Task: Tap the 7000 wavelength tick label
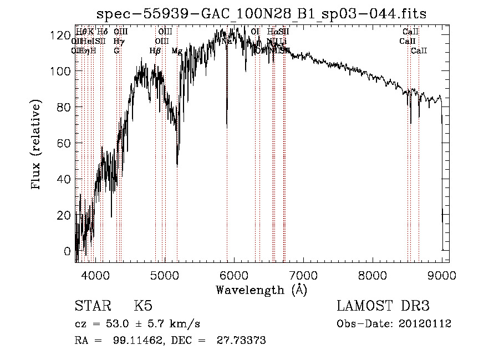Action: pyautogui.click(x=303, y=275)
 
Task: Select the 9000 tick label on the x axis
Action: pyautogui.click(x=442, y=275)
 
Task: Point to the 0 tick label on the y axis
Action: pyautogui.click(x=67, y=251)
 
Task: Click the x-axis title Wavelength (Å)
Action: pyautogui.click(x=261, y=290)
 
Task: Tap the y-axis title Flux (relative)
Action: pyautogui.click(x=37, y=145)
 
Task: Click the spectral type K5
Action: pyautogui.click(x=142, y=306)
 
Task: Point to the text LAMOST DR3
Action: pyautogui.click(x=383, y=306)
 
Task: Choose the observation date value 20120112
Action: pyautogui.click(x=424, y=324)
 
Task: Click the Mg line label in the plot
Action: pyautogui.click(x=176, y=51)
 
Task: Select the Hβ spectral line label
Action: pyautogui.click(x=155, y=51)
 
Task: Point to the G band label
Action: pyautogui.click(x=116, y=51)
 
